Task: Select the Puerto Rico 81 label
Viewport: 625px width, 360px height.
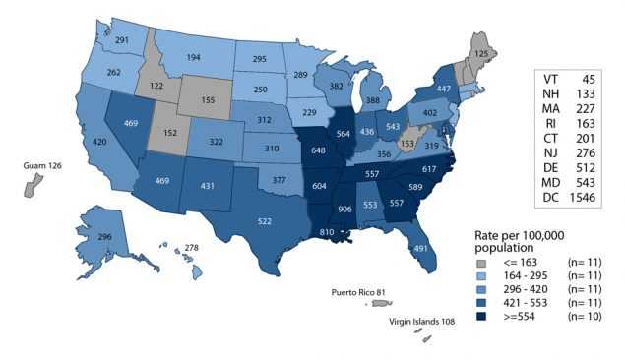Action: coord(364,292)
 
